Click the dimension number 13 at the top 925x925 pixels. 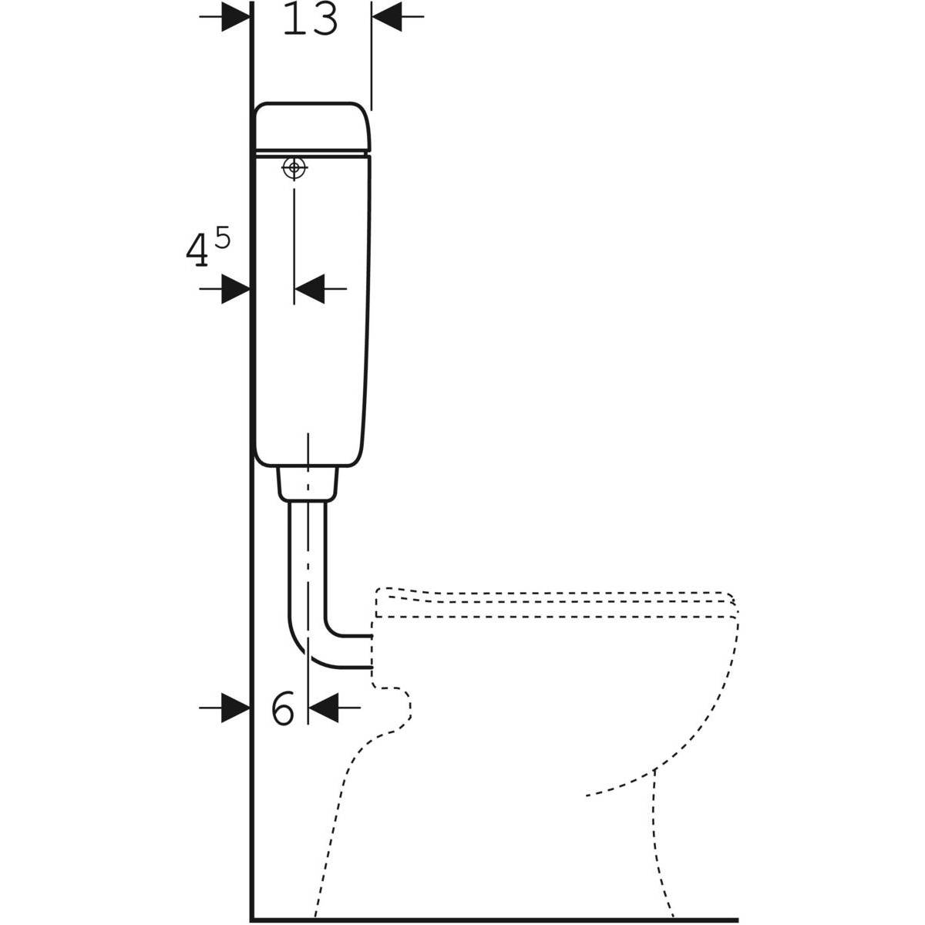(310, 19)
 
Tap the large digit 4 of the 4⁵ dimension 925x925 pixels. (197, 251)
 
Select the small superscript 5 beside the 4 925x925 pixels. (221, 239)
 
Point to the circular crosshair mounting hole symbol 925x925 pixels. (294, 167)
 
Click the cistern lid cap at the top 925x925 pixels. (312, 127)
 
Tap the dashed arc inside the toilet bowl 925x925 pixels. (621, 785)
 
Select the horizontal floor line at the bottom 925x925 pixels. (493, 919)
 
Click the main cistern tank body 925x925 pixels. (312, 308)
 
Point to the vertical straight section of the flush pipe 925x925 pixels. (308, 555)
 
